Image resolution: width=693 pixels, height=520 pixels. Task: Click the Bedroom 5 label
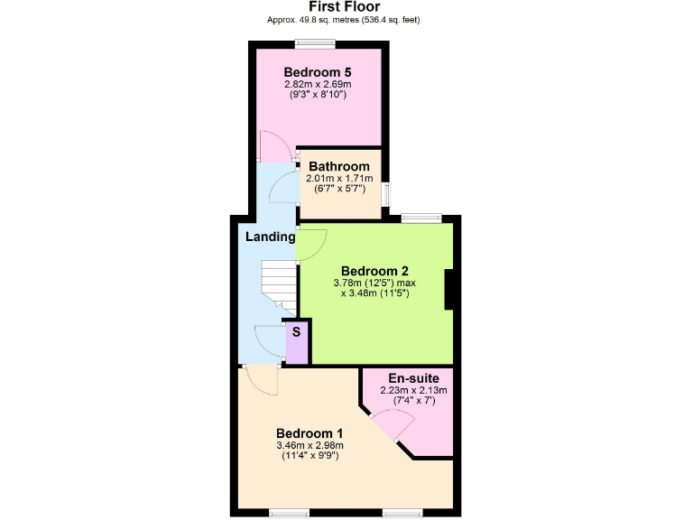click(317, 72)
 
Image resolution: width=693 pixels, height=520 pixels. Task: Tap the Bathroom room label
click(339, 167)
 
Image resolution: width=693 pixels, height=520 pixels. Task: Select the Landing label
click(271, 237)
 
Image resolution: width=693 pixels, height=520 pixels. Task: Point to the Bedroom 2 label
click(375, 271)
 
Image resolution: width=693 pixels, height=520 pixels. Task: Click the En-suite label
click(414, 378)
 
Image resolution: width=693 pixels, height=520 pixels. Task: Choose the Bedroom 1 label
click(310, 432)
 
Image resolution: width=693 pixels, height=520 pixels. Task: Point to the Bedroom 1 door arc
click(261, 380)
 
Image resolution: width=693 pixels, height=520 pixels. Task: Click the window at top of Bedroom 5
click(316, 43)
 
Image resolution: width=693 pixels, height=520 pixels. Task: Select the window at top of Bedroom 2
click(420, 218)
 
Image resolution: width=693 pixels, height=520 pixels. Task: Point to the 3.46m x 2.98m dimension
click(310, 445)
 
